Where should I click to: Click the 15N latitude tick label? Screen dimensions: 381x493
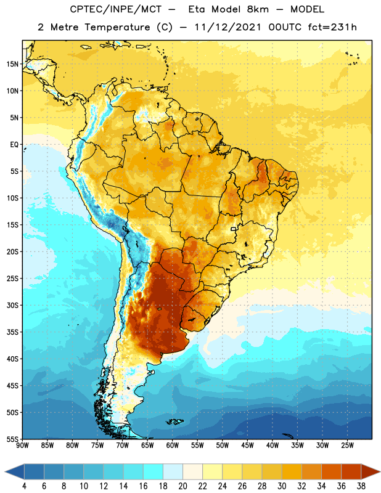(12, 64)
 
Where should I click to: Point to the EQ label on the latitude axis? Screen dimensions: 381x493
(14, 145)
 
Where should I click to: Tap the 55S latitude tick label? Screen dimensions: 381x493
(12, 439)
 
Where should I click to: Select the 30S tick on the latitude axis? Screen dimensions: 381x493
(12, 305)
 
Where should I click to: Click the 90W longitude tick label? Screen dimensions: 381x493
(22, 446)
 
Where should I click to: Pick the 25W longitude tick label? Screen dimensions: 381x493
(347, 446)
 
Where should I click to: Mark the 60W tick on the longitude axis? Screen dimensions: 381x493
(173, 446)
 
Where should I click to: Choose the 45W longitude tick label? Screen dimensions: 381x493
(247, 446)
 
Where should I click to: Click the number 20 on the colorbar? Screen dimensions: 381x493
(182, 486)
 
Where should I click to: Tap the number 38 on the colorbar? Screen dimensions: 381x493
(361, 486)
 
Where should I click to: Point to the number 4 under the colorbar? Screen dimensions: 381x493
(24, 486)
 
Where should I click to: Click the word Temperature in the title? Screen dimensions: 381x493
(117, 27)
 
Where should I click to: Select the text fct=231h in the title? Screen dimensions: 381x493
(332, 27)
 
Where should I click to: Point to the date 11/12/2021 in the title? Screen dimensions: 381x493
(227, 27)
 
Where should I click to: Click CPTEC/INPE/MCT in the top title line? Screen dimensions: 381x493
(115, 9)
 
